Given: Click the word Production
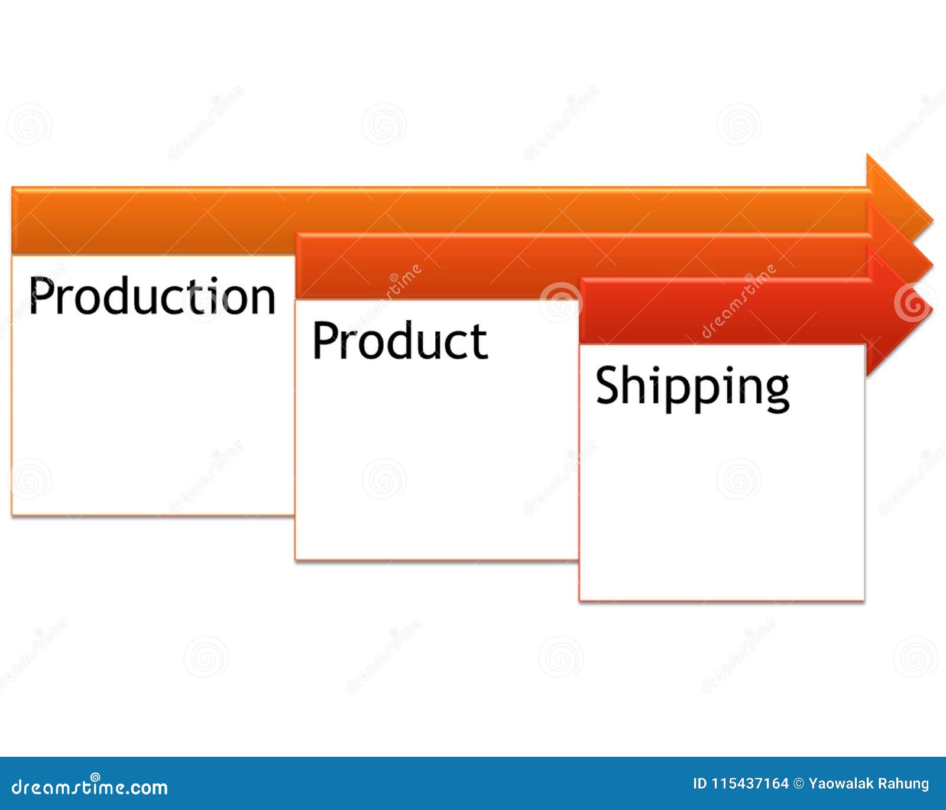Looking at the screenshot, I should tap(152, 296).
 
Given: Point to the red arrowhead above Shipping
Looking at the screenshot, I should tap(899, 310).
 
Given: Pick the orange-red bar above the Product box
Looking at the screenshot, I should tap(438, 265).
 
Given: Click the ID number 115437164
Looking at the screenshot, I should tap(749, 784).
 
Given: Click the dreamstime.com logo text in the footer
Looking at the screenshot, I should tap(90, 787).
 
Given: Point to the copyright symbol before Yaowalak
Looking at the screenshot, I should tap(799, 784).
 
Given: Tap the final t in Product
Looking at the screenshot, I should tap(480, 343).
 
